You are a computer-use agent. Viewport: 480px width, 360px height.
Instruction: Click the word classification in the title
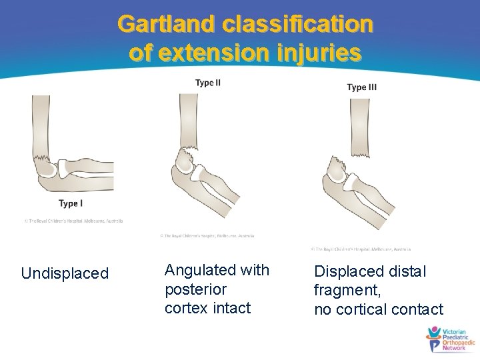pyautogui.click(x=297, y=24)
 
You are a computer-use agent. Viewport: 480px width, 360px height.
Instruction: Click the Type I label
pyautogui.click(x=71, y=203)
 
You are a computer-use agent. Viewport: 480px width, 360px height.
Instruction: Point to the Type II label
pyautogui.click(x=208, y=83)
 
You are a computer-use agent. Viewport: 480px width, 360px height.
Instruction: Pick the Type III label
pyautogui.click(x=362, y=87)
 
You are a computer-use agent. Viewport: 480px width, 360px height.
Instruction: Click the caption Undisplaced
pyautogui.click(x=65, y=273)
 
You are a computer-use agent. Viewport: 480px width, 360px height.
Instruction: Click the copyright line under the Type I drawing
pyautogui.click(x=73, y=221)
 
